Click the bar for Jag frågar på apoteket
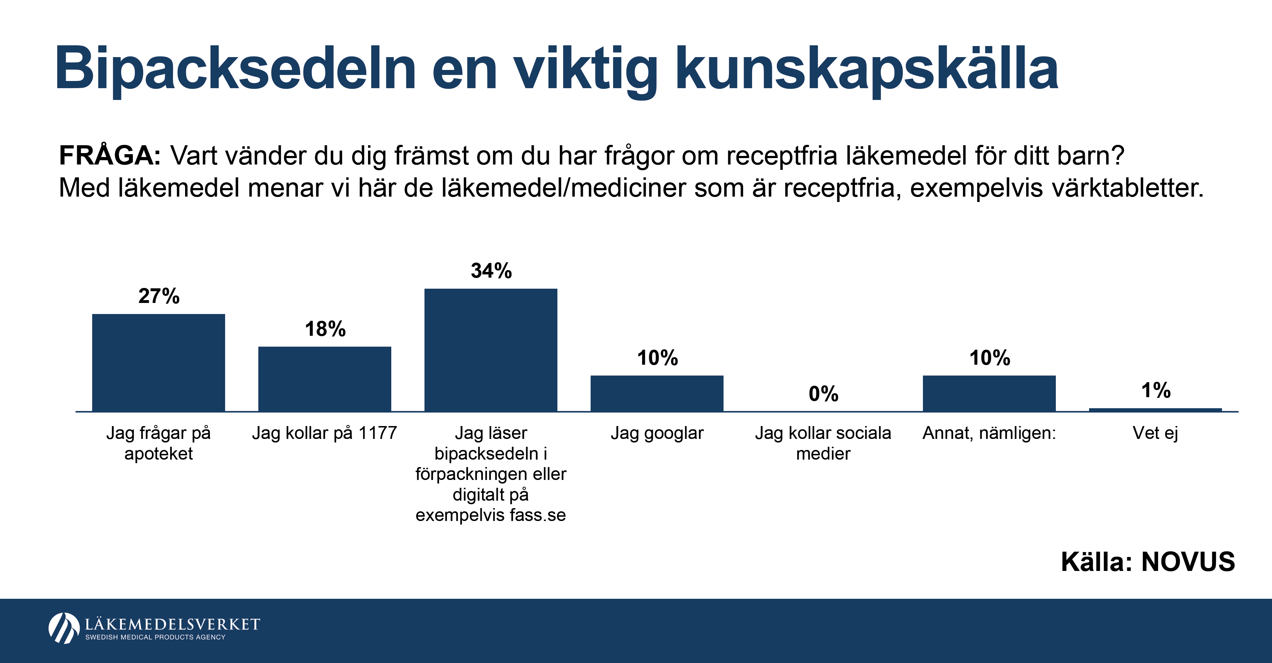pos(159,363)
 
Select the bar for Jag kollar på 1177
pos(324,379)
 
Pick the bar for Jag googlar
pos(657,393)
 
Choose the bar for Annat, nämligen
pos(989,393)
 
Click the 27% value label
pos(159,296)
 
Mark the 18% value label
pos(325,329)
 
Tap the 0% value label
pos(823,394)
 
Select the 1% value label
pos(1156,391)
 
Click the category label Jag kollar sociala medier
pos(823,443)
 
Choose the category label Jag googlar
pos(657,433)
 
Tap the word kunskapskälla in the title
pos(866,69)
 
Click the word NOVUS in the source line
pos(1188,562)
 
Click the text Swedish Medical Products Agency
pos(155,637)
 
